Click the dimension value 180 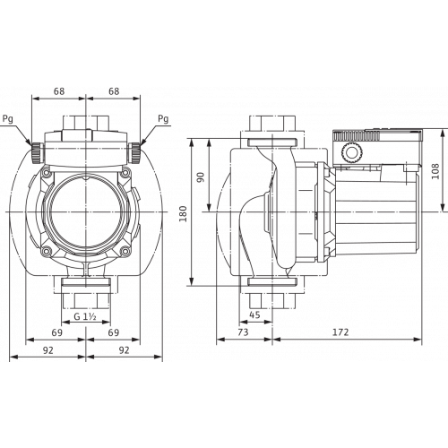pos(184,213)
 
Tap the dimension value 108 pos(435,171)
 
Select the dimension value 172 pos(340,332)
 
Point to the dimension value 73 pos(243,332)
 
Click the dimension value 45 pos(254,314)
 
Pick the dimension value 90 pos(201,177)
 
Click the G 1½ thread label pos(85,316)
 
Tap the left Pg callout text pos(8,119)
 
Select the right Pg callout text pos(163,119)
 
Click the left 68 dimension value pos(59,91)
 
